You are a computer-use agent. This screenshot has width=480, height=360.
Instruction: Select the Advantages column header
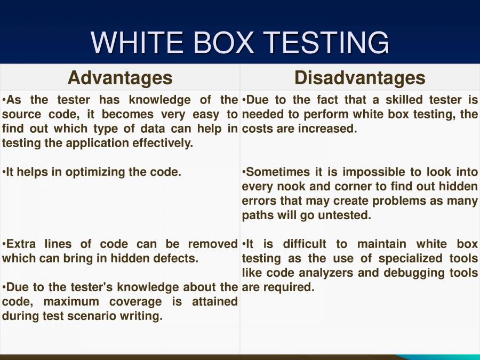tap(120, 78)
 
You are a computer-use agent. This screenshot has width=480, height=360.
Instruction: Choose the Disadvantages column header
tap(360, 78)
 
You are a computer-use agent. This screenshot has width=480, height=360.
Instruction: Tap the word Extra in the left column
tap(22, 244)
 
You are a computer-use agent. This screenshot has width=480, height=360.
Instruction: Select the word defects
tap(177, 259)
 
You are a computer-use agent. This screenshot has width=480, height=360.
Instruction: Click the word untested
tap(347, 215)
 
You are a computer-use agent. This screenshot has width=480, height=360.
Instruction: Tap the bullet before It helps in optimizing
tap(4, 172)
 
